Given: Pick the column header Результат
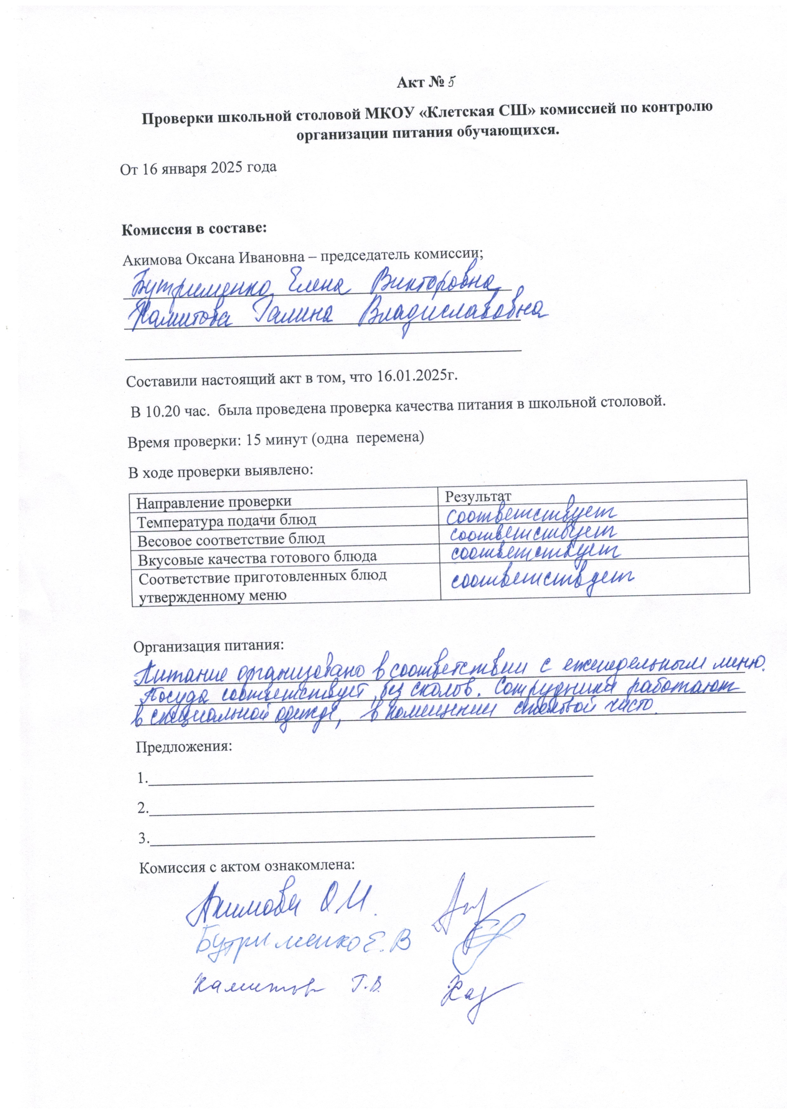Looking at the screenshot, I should (478, 496).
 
